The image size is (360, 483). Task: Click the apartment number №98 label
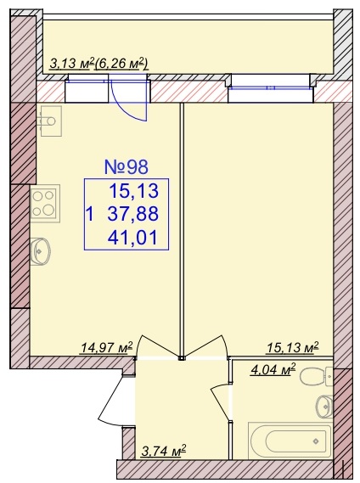(x=127, y=166)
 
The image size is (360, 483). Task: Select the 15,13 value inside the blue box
(x=133, y=191)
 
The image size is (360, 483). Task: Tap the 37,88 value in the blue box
(x=133, y=214)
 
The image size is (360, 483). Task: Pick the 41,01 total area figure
(x=132, y=238)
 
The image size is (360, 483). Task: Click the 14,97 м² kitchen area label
(x=106, y=348)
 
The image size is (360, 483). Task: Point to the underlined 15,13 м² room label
(x=292, y=348)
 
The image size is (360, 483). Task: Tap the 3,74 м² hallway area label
(x=164, y=452)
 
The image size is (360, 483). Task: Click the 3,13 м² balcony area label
(x=71, y=64)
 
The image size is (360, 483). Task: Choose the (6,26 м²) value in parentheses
(x=121, y=64)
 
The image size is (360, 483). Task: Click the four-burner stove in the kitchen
(x=45, y=203)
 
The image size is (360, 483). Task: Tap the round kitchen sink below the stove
(x=41, y=251)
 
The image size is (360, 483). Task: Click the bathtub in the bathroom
(x=290, y=441)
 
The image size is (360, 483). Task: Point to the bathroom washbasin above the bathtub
(x=324, y=407)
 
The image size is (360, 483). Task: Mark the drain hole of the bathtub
(x=316, y=441)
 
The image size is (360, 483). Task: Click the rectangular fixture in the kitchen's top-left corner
(x=51, y=121)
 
